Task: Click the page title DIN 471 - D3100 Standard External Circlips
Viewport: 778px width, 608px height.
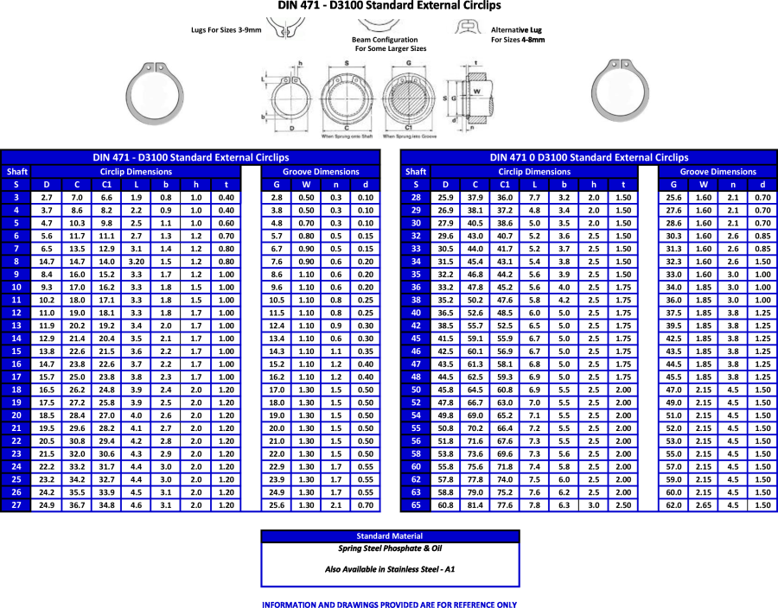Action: (389, 6)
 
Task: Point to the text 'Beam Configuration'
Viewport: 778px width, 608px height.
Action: (385, 40)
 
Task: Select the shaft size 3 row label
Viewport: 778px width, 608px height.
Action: (16, 197)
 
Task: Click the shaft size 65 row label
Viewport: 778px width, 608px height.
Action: (416, 504)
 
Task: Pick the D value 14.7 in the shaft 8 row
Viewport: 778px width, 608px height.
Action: (47, 261)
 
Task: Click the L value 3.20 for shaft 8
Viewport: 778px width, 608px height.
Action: (136, 261)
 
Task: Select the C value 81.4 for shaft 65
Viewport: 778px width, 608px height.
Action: (475, 504)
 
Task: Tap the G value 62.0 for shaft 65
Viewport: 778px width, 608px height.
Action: (673, 504)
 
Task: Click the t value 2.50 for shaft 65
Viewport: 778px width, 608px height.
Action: (622, 504)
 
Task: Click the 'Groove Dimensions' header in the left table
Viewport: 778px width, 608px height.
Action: (322, 171)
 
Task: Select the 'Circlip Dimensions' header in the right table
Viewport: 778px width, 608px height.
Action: (534, 171)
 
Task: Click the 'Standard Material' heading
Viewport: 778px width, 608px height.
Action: (390, 535)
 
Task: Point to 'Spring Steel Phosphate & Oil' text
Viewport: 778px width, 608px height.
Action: (390, 548)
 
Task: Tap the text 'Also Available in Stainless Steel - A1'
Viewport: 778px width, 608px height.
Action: (390, 569)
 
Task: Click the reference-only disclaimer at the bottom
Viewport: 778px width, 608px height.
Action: (389, 604)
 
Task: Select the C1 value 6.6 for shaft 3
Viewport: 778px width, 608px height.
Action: (106, 197)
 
